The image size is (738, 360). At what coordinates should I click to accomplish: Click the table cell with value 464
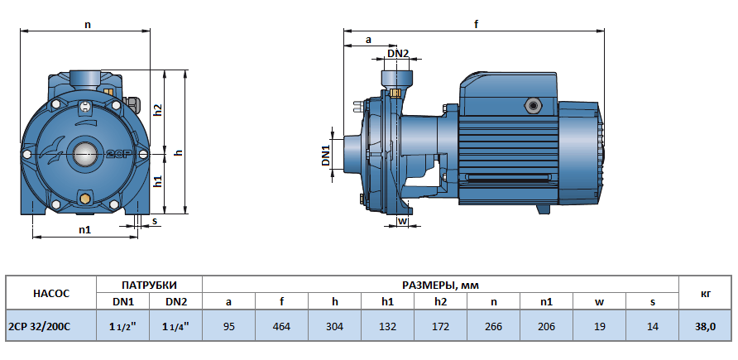281,326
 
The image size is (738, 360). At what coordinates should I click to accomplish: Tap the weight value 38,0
706,326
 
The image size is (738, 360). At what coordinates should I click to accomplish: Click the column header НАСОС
51,292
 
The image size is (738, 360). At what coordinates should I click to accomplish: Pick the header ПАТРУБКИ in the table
150,284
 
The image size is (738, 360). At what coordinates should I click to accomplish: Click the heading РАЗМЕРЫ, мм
440,284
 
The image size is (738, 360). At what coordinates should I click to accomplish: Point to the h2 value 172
440,326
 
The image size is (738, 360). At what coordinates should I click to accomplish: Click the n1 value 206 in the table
546,326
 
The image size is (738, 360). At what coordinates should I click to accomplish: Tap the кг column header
706,292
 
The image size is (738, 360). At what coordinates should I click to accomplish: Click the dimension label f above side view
476,24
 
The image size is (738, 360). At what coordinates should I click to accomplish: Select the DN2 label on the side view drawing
398,54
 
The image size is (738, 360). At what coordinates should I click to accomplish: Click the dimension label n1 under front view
84,229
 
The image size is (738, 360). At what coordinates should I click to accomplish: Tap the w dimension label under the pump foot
403,221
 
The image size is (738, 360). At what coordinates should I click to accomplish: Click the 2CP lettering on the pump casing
115,154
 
